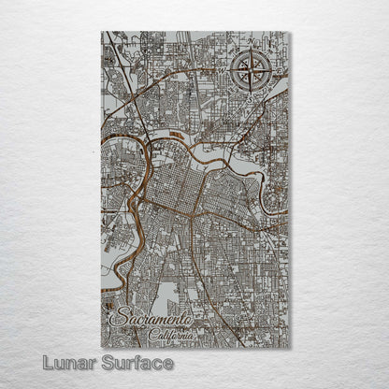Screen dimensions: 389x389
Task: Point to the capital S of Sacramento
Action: (116, 321)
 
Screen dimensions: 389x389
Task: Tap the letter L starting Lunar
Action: (33, 363)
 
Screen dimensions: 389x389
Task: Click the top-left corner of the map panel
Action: (101, 32)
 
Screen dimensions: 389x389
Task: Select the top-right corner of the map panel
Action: (290, 32)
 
